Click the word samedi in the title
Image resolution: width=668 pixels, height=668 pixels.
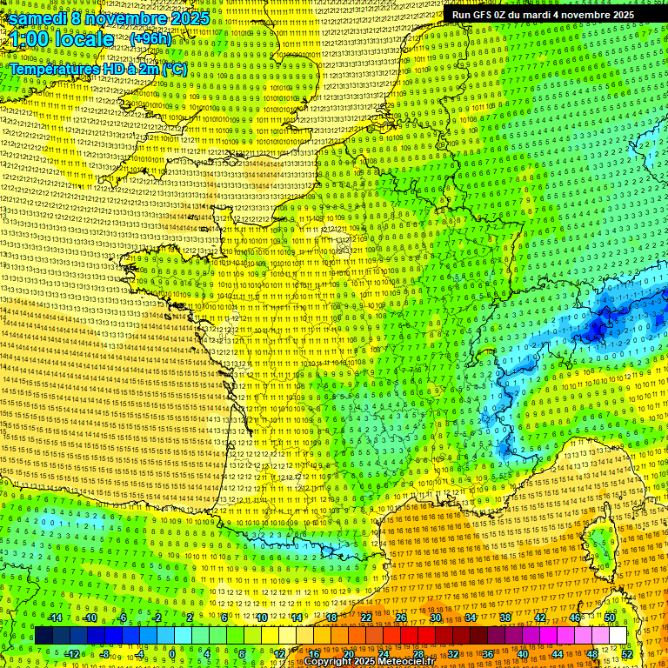click(x=38, y=18)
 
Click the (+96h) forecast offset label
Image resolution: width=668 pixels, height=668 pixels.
click(x=150, y=39)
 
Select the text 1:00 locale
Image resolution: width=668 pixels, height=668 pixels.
click(x=61, y=40)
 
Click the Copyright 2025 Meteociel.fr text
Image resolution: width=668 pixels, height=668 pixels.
click(x=369, y=661)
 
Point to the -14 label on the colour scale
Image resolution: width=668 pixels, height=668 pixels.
click(x=56, y=618)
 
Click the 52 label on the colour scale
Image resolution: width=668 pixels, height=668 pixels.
click(x=627, y=653)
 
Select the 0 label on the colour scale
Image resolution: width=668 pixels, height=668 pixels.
click(x=172, y=653)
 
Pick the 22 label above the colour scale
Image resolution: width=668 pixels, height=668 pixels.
click(x=366, y=618)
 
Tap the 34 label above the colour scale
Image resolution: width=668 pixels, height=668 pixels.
click(x=471, y=618)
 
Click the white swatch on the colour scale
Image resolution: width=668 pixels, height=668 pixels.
click(x=618, y=636)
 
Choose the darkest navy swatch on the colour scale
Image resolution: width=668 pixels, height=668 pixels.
click(x=43, y=636)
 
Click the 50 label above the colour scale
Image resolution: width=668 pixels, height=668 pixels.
click(x=611, y=618)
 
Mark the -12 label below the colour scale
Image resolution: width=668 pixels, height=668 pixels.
click(x=72, y=653)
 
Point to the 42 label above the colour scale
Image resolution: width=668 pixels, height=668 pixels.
click(x=540, y=618)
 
